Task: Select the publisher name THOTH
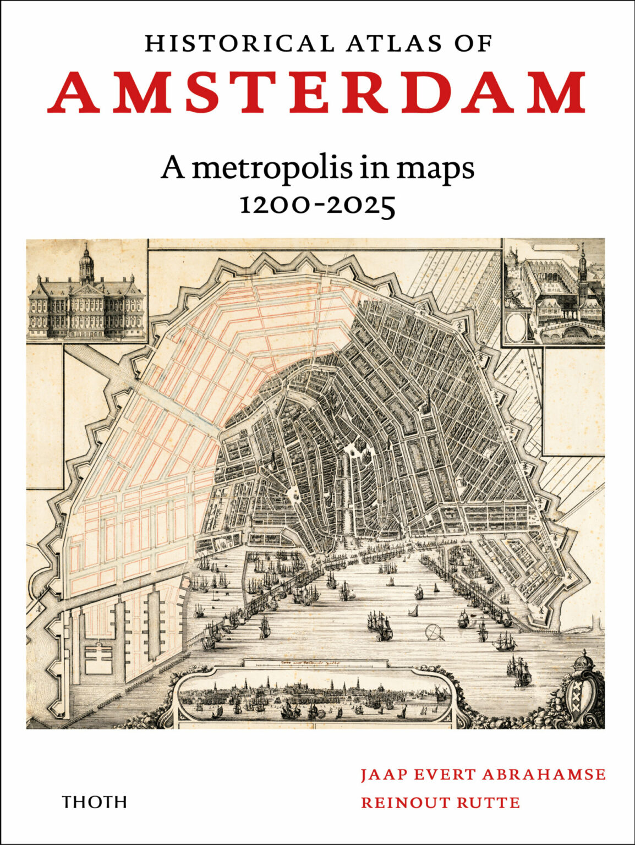pos(95,802)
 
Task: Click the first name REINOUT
pos(404,803)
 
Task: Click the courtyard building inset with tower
pos(554,292)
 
